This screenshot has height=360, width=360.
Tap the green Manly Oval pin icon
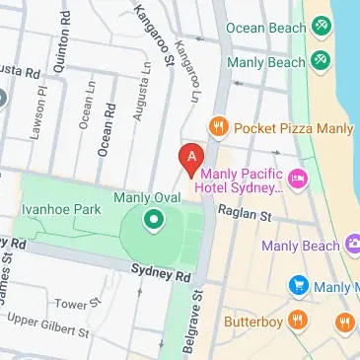[x=153, y=220]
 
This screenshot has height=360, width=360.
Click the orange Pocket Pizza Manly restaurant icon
[x=218, y=127]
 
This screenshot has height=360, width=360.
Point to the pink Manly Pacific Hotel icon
[x=299, y=178]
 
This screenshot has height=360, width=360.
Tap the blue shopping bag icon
[x=298, y=286]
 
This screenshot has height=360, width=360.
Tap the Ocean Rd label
[x=105, y=133]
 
